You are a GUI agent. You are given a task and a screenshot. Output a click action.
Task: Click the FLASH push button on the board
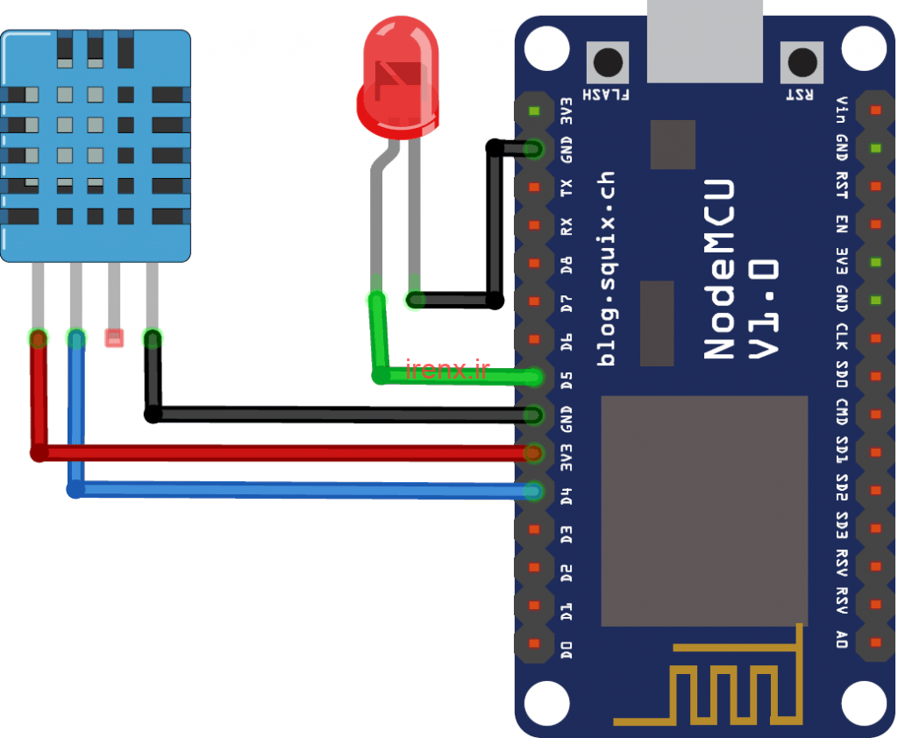(608, 62)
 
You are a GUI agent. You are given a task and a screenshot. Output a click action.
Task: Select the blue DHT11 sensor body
(96, 145)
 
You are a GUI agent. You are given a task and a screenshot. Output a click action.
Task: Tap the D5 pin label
(567, 380)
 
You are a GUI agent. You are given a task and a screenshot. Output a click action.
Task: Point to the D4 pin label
(567, 494)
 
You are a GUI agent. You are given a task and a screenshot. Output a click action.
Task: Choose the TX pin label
(567, 188)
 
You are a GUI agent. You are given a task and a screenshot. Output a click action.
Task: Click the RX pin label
(567, 226)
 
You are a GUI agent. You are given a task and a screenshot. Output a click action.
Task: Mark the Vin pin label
(841, 110)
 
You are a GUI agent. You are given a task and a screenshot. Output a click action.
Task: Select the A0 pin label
(841, 639)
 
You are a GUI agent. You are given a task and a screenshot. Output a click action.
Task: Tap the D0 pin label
(567, 649)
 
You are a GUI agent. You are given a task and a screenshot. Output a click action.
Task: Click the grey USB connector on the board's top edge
(703, 39)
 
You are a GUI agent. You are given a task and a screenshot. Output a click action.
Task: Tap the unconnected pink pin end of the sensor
(114, 337)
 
